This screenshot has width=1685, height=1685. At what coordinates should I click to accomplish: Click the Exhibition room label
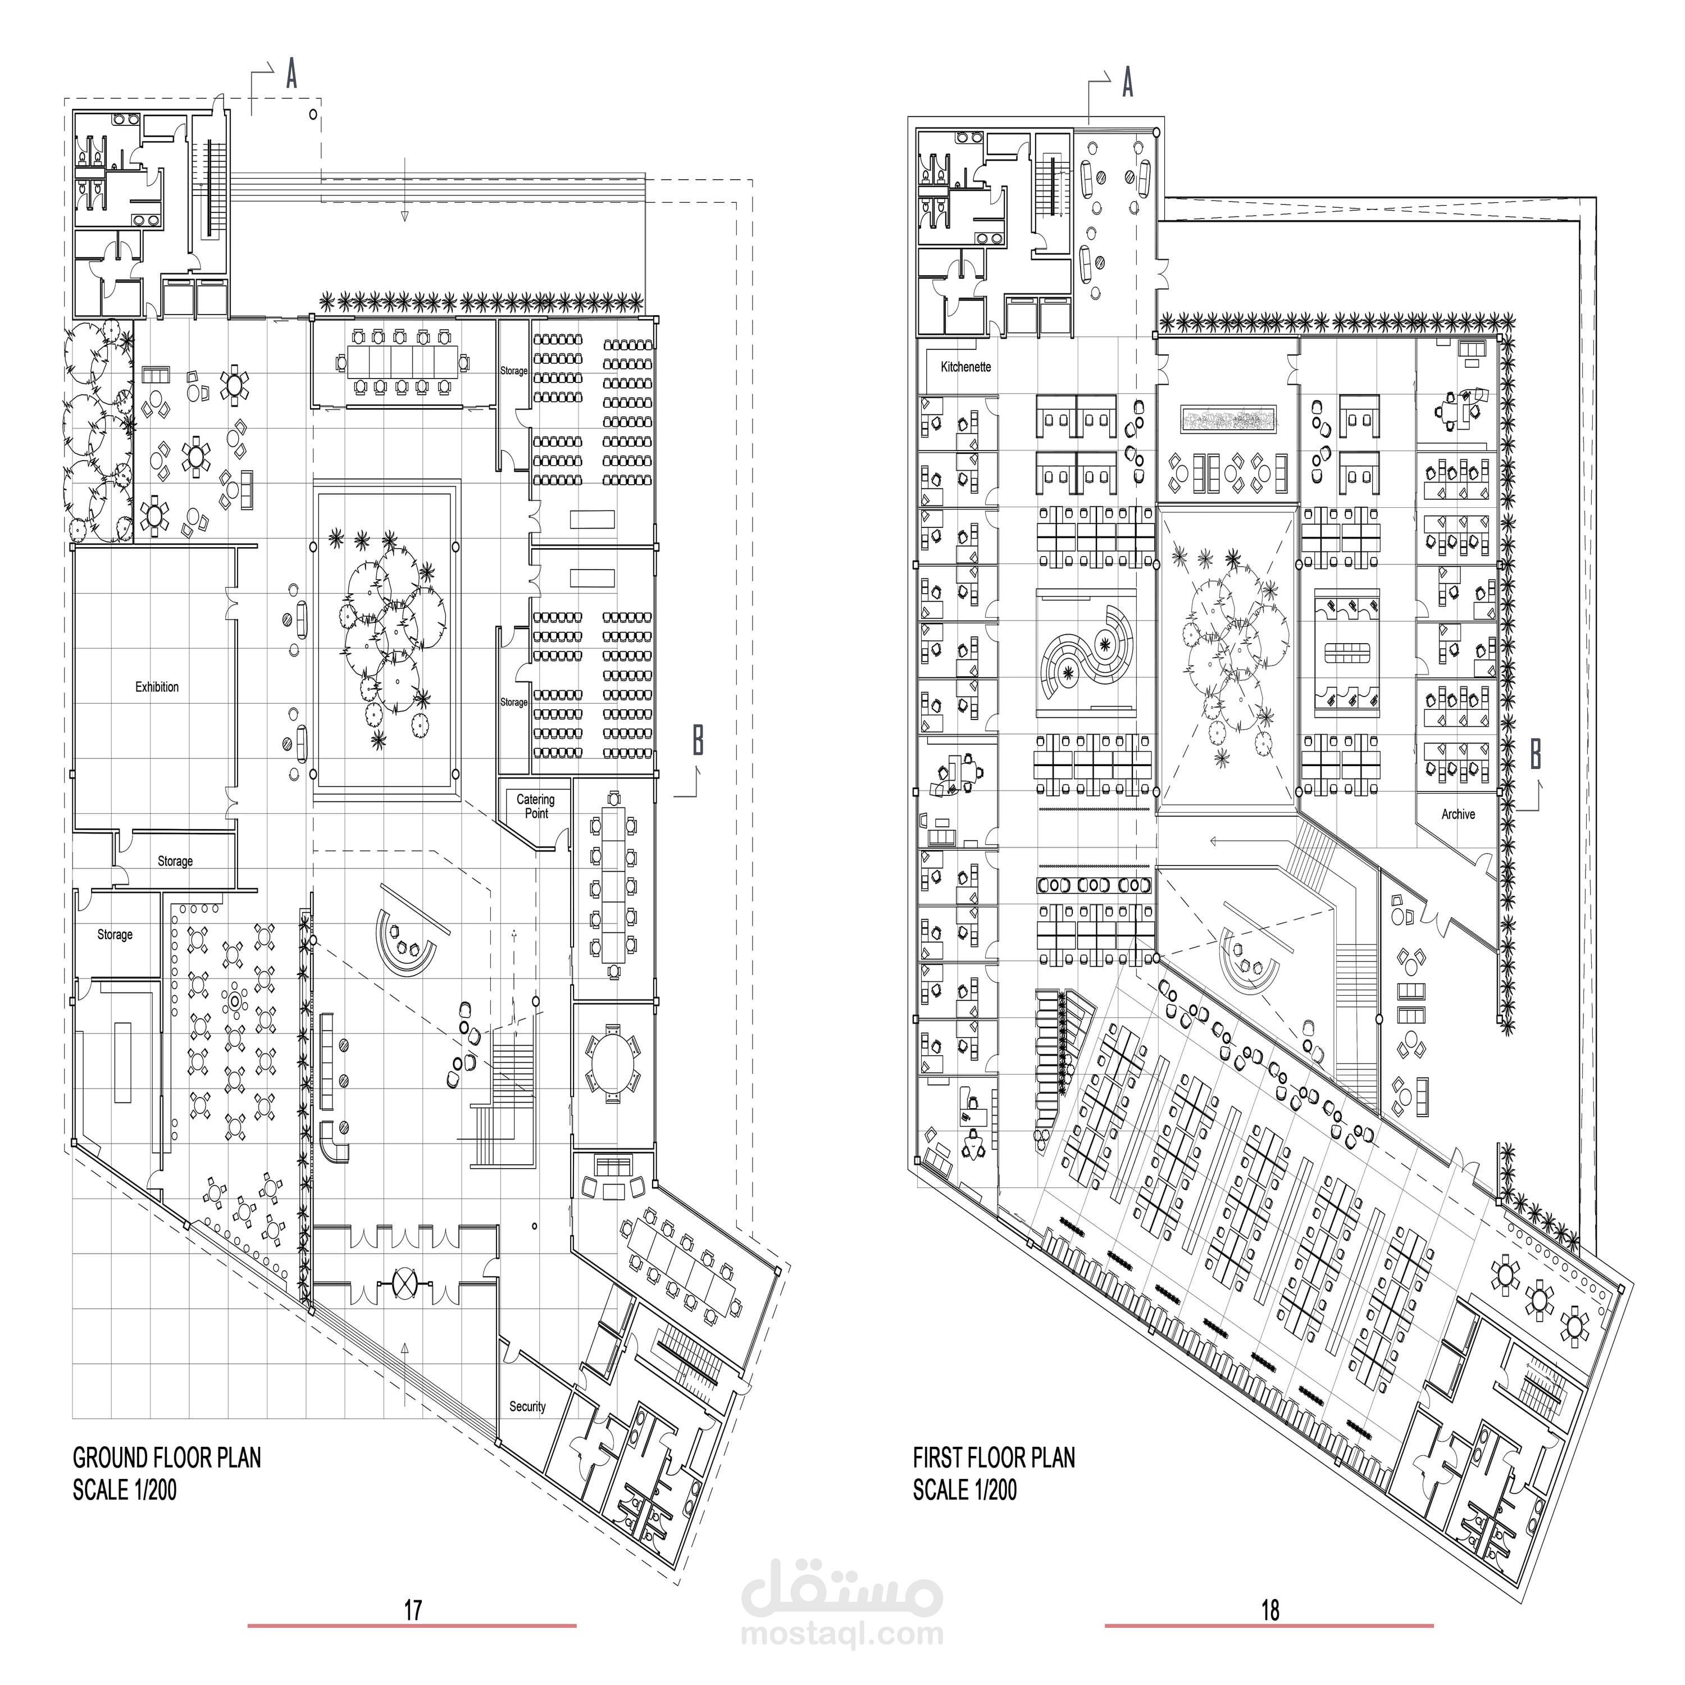pyautogui.click(x=157, y=687)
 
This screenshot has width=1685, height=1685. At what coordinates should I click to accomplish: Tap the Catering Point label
pyautogui.click(x=535, y=806)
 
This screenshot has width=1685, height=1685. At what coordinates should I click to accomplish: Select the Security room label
pyautogui.click(x=527, y=1406)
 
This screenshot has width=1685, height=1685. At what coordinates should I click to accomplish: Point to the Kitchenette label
pyautogui.click(x=966, y=367)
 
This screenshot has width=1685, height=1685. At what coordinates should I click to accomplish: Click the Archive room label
pyautogui.click(x=1458, y=814)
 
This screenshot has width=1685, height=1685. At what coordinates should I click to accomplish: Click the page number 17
pyautogui.click(x=412, y=1610)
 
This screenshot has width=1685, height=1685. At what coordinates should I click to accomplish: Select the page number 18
pyautogui.click(x=1270, y=1610)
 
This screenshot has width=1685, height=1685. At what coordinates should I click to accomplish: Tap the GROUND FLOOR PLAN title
pyautogui.click(x=167, y=1458)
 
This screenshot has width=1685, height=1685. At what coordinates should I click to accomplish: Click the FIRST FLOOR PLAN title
pyautogui.click(x=994, y=1458)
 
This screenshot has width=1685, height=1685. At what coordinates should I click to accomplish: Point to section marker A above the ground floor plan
pyautogui.click(x=292, y=75)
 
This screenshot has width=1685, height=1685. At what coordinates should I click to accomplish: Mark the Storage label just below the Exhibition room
pyautogui.click(x=175, y=861)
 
